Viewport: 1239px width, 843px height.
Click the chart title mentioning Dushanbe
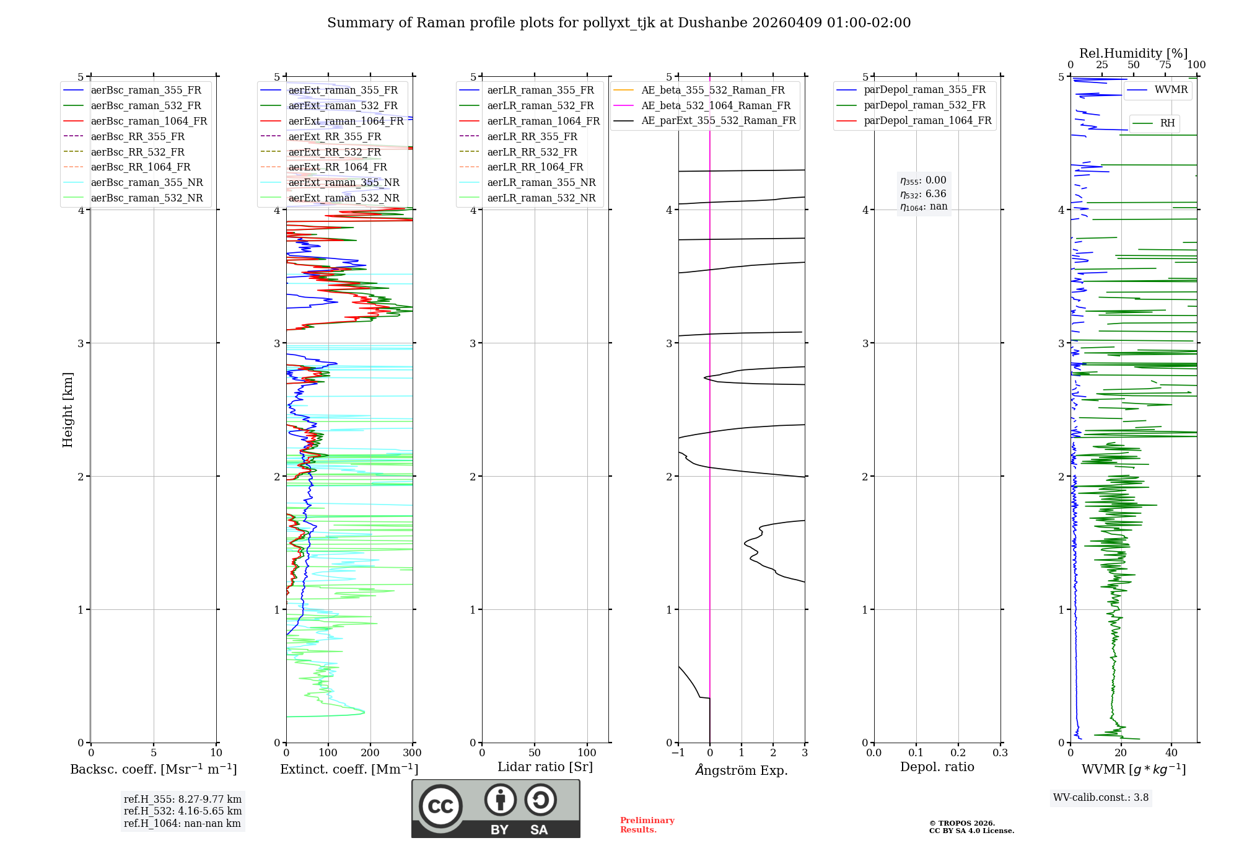619,23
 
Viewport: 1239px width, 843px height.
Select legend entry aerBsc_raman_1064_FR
149,121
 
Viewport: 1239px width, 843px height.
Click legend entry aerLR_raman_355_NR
541,183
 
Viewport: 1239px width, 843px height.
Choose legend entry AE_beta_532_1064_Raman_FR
716,106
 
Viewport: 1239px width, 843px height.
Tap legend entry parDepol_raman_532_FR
924,105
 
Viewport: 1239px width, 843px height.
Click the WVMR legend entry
1171,90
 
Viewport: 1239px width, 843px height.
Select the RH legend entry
1167,123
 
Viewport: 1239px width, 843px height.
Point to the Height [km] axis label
68,410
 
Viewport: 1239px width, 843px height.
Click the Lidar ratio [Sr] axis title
545,767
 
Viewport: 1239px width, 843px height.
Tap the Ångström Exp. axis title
742,770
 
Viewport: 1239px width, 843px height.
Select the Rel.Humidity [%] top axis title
1133,53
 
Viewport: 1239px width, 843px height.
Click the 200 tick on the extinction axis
370,753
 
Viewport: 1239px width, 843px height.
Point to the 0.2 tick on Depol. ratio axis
958,753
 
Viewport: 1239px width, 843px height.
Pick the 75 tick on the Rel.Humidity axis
1165,65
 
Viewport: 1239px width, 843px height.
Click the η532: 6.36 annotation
923,194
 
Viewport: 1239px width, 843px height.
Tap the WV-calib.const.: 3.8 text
1101,798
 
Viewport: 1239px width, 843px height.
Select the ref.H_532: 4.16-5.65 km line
183,811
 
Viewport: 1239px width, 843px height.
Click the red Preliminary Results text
647,825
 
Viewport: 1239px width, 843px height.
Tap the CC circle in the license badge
440,806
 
